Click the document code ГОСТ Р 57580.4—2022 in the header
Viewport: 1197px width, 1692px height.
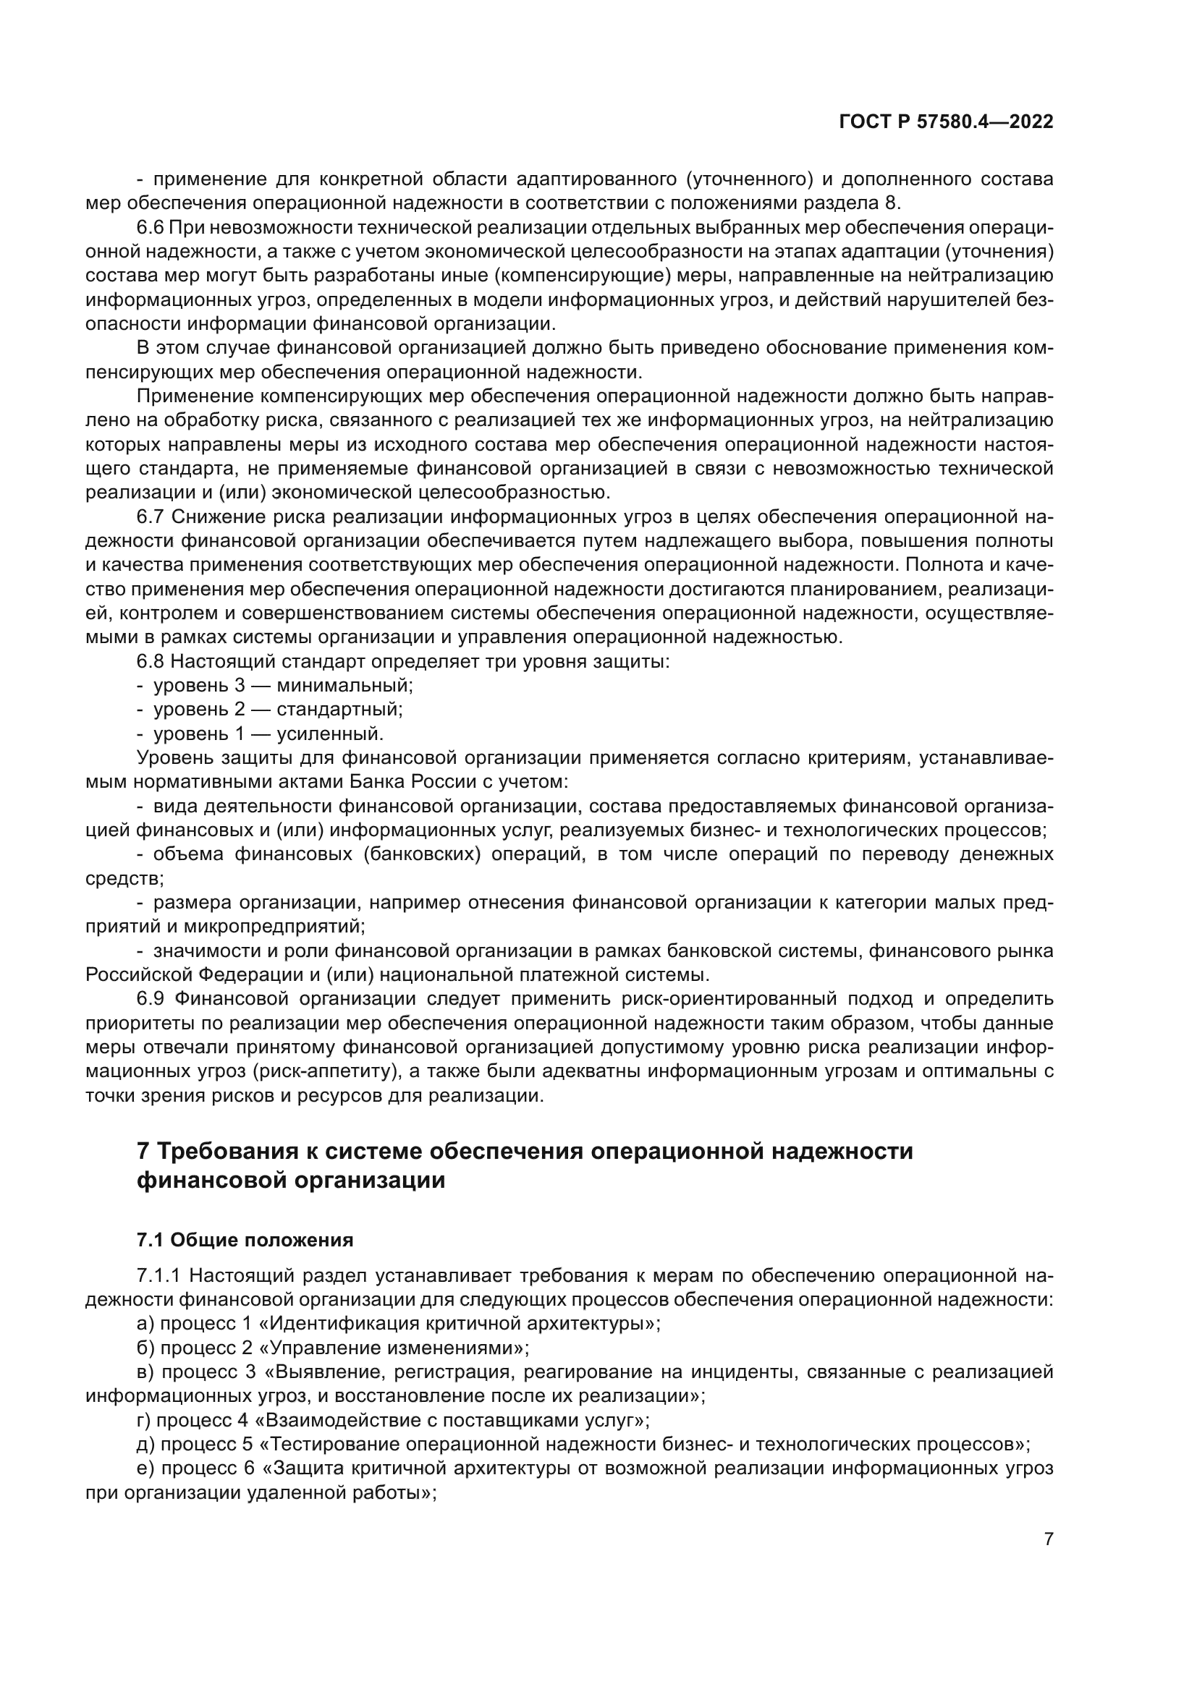point(946,122)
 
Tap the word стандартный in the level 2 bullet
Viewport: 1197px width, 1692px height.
point(339,710)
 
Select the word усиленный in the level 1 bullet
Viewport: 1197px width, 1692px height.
point(330,734)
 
